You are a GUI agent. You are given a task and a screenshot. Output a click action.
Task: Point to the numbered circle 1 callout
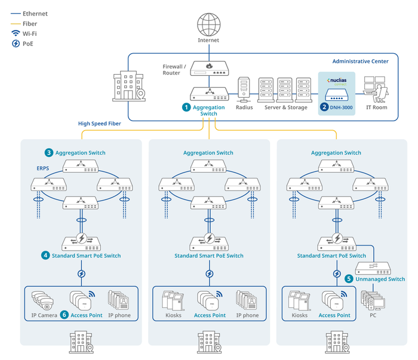[186, 107]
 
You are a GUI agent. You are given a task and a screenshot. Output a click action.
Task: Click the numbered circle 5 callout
[349, 279]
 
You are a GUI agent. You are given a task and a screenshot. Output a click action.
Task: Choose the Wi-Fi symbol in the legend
[16, 33]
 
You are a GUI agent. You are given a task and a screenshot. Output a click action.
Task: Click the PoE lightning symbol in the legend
[16, 44]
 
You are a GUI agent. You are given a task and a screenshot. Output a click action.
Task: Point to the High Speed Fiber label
[99, 124]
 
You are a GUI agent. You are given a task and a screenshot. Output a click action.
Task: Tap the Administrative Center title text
[360, 61]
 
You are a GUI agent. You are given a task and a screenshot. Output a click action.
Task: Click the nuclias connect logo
[336, 81]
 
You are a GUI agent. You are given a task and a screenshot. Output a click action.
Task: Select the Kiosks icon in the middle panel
[173, 300]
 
